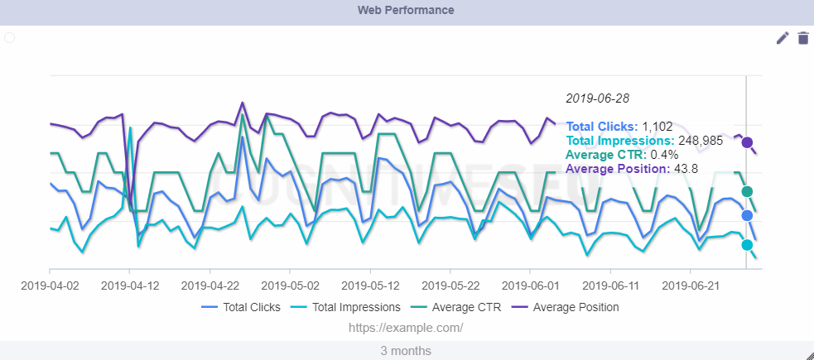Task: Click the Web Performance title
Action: coord(406,11)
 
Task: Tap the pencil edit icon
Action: coord(783,38)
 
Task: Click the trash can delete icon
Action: coord(802,38)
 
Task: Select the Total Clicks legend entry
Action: coord(241,307)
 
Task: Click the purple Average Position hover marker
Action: coord(747,142)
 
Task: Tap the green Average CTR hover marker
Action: coord(747,192)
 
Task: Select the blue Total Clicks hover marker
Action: coord(747,215)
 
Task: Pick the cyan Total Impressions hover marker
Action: coord(747,245)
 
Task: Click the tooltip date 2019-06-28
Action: coord(597,98)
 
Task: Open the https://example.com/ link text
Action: coord(406,328)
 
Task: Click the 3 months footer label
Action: coord(406,351)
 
